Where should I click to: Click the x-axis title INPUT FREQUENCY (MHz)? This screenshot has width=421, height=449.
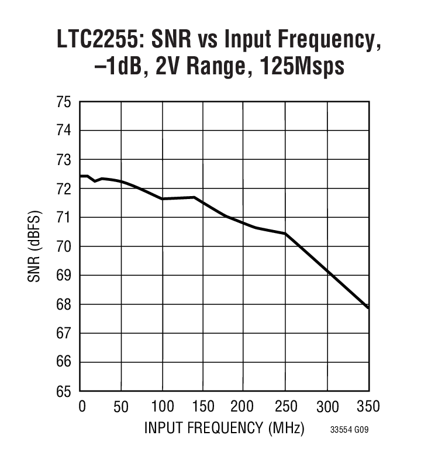coord(225,428)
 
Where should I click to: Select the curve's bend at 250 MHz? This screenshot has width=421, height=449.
coord(285,234)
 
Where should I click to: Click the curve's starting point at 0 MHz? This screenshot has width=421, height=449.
coord(81,176)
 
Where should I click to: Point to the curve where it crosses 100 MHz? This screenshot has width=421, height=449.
coord(163,199)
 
